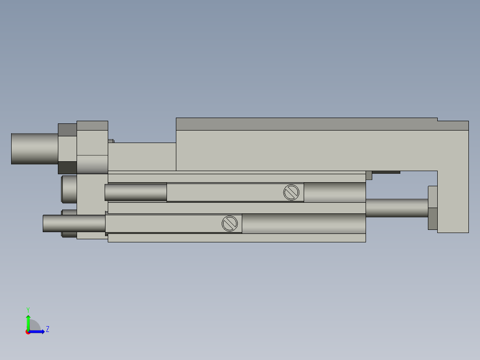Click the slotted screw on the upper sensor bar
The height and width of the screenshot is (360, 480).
point(290,192)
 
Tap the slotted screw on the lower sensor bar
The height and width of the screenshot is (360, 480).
point(229,224)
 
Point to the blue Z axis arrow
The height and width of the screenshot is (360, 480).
point(38,331)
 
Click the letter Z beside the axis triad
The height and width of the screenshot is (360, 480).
point(47,329)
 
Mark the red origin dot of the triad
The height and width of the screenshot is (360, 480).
point(28,332)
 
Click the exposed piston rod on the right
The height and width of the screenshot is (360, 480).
point(396,208)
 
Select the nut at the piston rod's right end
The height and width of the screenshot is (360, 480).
point(432,208)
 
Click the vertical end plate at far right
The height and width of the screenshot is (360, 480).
point(453,200)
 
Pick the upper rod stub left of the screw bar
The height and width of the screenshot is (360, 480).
point(136,192)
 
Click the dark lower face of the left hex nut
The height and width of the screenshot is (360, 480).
point(67,168)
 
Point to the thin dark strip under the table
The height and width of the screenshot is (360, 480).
point(386,172)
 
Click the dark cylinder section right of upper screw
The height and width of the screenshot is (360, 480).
point(334,192)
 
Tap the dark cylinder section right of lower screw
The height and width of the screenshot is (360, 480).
point(303,223)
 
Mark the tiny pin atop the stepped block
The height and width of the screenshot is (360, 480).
point(111,141)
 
